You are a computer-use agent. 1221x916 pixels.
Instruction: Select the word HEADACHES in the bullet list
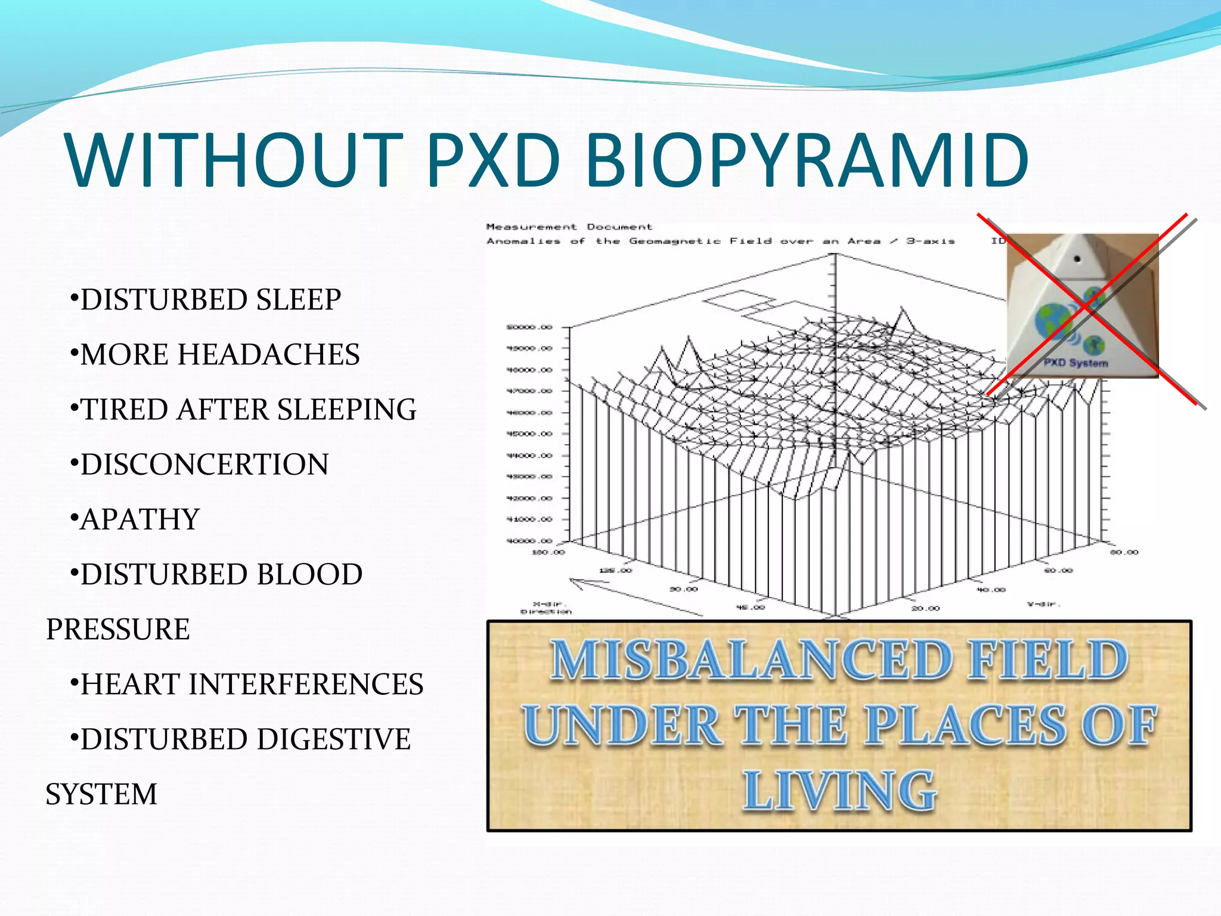pos(269,354)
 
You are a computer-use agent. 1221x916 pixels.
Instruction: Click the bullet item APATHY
pos(140,519)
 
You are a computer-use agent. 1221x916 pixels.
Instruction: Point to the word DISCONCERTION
pos(204,465)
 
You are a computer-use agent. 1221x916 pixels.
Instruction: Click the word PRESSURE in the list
pos(118,629)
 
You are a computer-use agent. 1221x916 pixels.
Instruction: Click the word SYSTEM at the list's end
pos(101,794)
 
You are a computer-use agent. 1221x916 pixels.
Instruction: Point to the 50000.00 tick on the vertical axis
pos(529,327)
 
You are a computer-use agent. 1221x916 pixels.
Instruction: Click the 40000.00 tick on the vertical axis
pos(529,541)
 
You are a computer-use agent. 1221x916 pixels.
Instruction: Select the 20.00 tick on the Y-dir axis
pos(925,608)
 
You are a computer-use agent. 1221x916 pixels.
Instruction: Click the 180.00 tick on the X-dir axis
pos(548,552)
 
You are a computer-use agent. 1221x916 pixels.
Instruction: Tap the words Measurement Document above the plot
pos(569,227)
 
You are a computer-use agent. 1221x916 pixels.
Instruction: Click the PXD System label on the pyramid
pos(1076,363)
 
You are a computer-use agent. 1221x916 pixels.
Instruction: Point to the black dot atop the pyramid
pos(1077,259)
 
